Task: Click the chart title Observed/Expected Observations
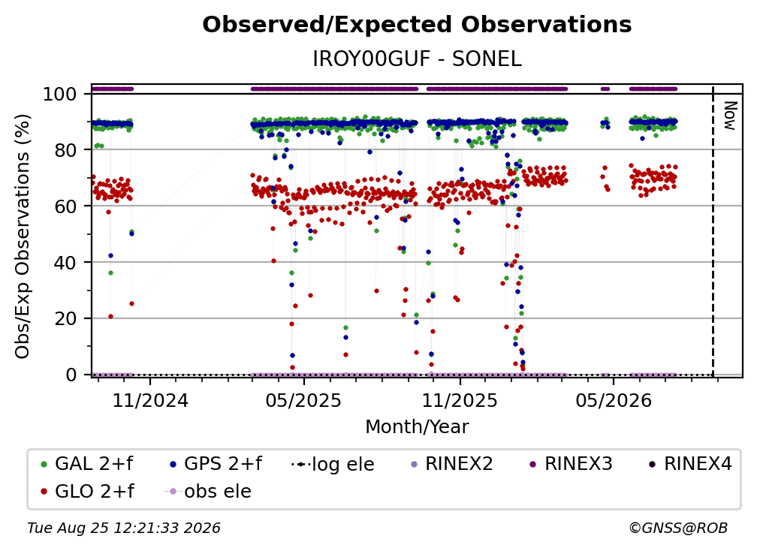point(417,25)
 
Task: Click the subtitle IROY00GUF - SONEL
point(417,59)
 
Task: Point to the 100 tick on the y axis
point(59,94)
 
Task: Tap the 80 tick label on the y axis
point(65,150)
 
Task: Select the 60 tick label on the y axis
point(65,206)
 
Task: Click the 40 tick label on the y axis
point(65,263)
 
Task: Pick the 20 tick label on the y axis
point(65,319)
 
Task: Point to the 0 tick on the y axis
point(71,375)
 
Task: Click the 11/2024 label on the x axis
point(150,400)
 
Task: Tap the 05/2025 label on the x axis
point(303,400)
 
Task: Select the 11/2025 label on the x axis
point(460,400)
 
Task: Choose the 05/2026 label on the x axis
point(613,400)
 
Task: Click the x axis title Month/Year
point(417,426)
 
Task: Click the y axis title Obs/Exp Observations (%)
point(23,236)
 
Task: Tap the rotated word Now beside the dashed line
point(730,116)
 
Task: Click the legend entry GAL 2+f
point(87,464)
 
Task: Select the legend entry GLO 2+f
point(87,491)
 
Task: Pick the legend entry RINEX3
point(572,464)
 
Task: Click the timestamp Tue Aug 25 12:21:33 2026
point(124,528)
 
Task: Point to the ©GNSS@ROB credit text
point(678,528)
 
